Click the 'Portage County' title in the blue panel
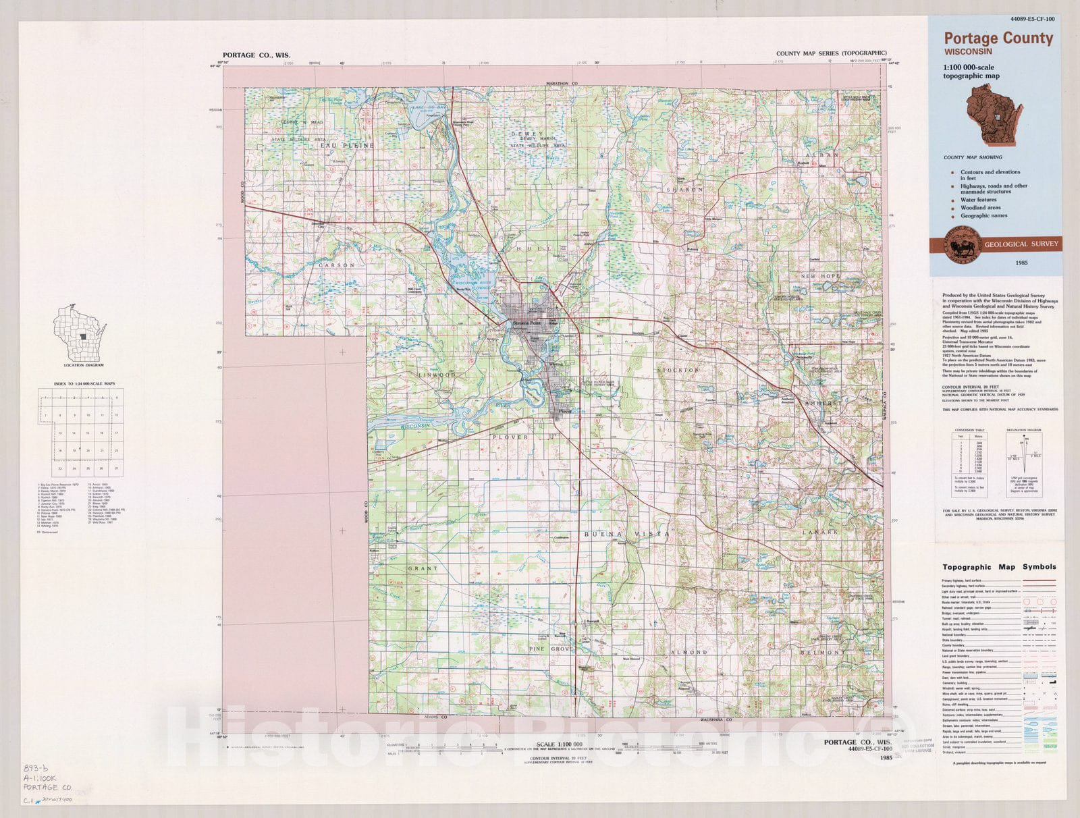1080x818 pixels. pyautogui.click(x=998, y=38)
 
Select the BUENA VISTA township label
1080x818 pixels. pyautogui.click(x=626, y=534)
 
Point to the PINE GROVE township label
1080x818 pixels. pyautogui.click(x=551, y=649)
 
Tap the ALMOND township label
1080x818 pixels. pyautogui.click(x=688, y=653)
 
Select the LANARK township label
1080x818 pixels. pyautogui.click(x=819, y=532)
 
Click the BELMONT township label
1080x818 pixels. pyautogui.click(x=821, y=653)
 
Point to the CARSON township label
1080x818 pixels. pyautogui.click(x=336, y=265)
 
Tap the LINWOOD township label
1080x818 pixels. pyautogui.click(x=437, y=374)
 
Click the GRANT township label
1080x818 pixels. pyautogui.click(x=423, y=568)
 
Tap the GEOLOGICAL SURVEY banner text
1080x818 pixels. pyautogui.click(x=1021, y=244)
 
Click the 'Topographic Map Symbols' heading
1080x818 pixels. pyautogui.click(x=999, y=567)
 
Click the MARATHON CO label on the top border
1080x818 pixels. pyautogui.click(x=563, y=84)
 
